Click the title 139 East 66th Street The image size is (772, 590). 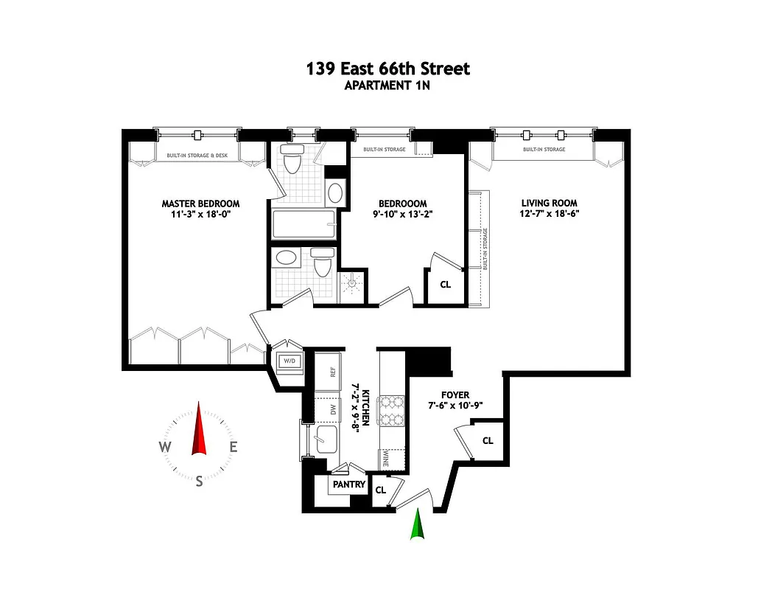(x=387, y=69)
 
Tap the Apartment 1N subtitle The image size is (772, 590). (x=387, y=85)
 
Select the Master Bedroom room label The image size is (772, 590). (x=200, y=204)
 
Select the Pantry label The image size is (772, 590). (x=349, y=485)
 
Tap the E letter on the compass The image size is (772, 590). (x=233, y=446)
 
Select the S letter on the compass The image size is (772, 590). (x=199, y=481)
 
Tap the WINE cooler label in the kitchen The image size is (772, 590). (x=385, y=460)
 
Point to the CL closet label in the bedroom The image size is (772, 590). (x=445, y=284)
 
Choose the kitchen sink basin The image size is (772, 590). (x=324, y=441)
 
